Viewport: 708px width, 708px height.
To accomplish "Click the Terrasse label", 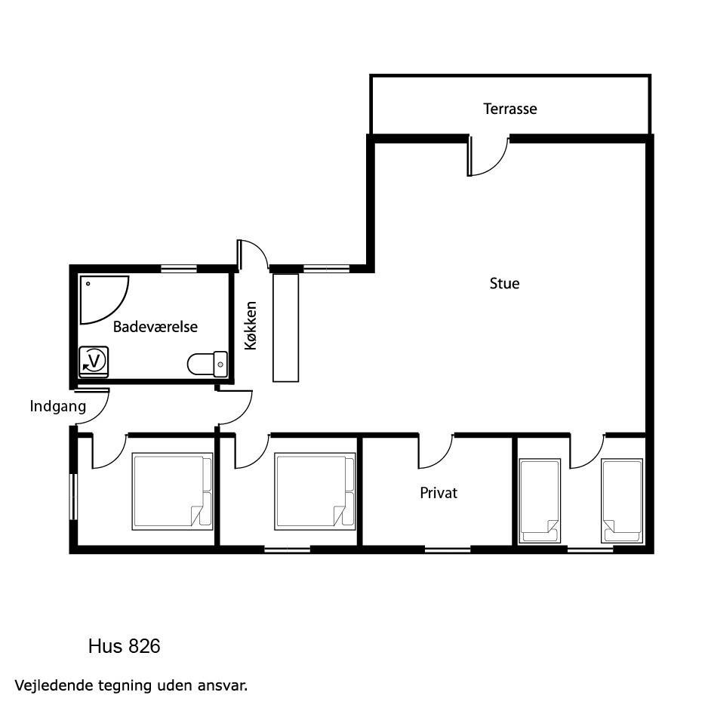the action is click(x=509, y=109).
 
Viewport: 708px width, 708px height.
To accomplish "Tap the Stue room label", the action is click(x=504, y=284).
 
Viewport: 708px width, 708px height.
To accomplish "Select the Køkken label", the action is click(x=250, y=325).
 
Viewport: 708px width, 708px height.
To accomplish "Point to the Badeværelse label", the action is click(x=155, y=327).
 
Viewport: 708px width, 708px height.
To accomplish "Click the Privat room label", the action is click(x=439, y=493).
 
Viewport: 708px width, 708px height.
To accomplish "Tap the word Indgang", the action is click(x=58, y=406).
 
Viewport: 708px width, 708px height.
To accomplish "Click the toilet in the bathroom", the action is click(x=208, y=364).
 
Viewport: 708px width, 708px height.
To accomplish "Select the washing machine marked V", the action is click(x=94, y=362).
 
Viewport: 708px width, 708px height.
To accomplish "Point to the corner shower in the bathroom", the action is click(x=104, y=300).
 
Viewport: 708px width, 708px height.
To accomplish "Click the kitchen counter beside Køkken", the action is click(x=286, y=328).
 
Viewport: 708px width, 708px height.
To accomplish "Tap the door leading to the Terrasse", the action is click(x=488, y=155).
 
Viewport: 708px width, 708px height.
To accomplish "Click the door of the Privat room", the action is click(x=436, y=451).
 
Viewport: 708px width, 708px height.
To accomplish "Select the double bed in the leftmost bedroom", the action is click(x=173, y=491).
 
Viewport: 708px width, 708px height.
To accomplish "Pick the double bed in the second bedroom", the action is click(x=316, y=491).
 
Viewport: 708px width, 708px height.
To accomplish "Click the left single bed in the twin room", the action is click(x=540, y=500).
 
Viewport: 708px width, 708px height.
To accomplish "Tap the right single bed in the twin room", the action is click(x=622, y=500).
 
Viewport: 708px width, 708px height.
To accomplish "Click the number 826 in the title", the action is click(x=144, y=646).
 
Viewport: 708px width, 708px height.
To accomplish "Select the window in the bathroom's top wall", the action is click(x=179, y=269).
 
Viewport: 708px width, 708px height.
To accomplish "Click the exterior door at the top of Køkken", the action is click(x=253, y=256).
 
